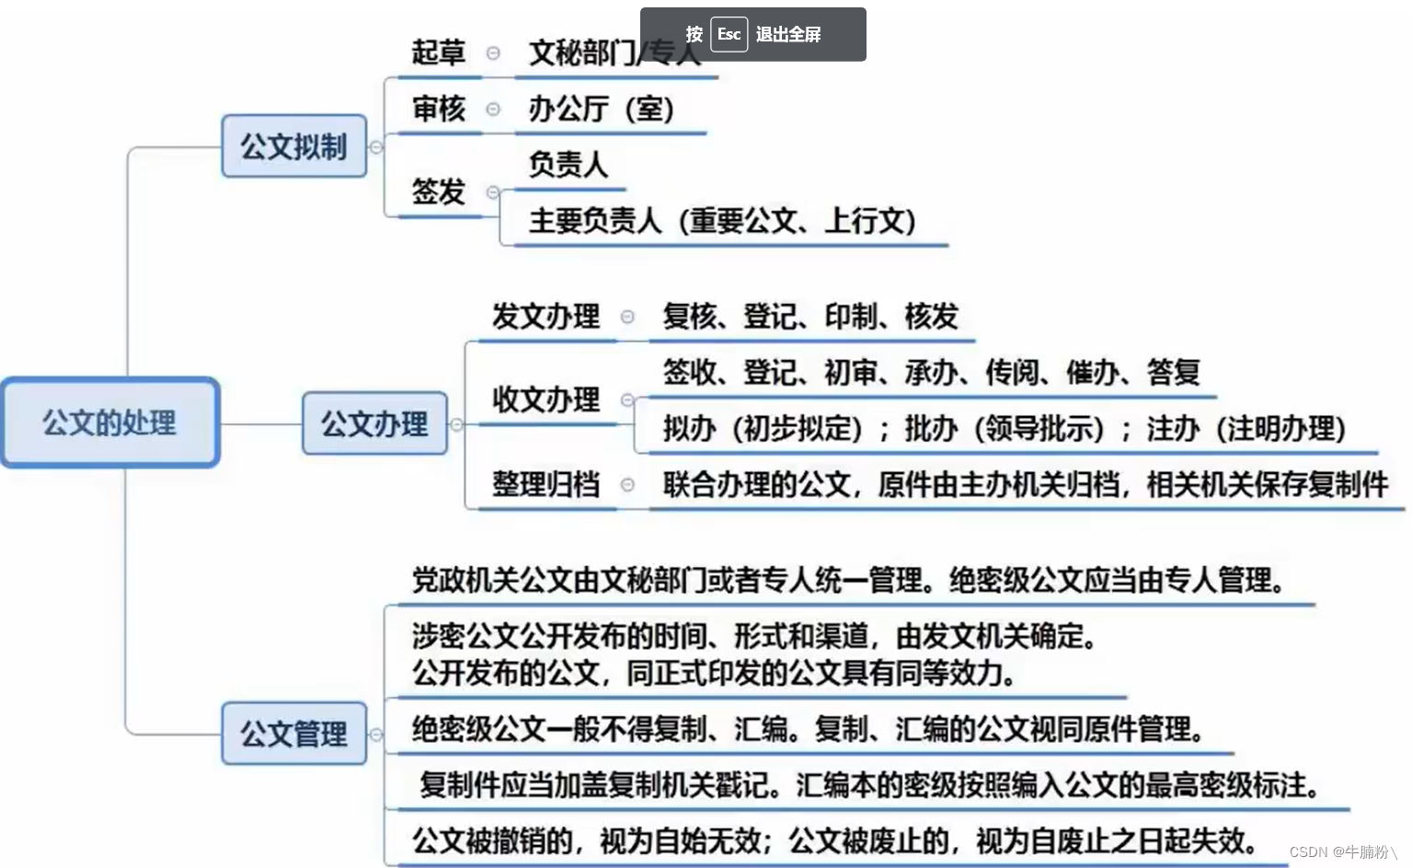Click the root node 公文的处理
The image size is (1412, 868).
[109, 422]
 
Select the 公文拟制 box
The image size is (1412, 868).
[293, 146]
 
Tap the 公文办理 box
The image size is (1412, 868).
[373, 423]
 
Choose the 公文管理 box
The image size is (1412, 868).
[293, 734]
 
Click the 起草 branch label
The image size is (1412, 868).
[438, 52]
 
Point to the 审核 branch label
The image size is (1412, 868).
[438, 109]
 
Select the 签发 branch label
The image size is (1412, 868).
[438, 191]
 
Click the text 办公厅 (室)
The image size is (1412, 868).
[601, 109]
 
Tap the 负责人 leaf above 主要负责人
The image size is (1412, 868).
[568, 164]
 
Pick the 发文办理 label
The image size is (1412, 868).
[545, 316]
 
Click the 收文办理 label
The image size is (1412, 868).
[545, 399]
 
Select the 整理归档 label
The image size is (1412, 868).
[545, 483]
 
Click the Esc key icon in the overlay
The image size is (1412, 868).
[729, 34]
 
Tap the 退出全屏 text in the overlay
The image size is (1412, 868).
[788, 34]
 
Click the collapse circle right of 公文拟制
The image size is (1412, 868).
[375, 147]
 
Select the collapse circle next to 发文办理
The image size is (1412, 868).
[627, 317]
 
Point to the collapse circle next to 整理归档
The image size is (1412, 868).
[627, 484]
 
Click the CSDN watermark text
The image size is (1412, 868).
[1342, 851]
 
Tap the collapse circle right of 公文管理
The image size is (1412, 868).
[375, 735]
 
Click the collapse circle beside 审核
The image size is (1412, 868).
[493, 110]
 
